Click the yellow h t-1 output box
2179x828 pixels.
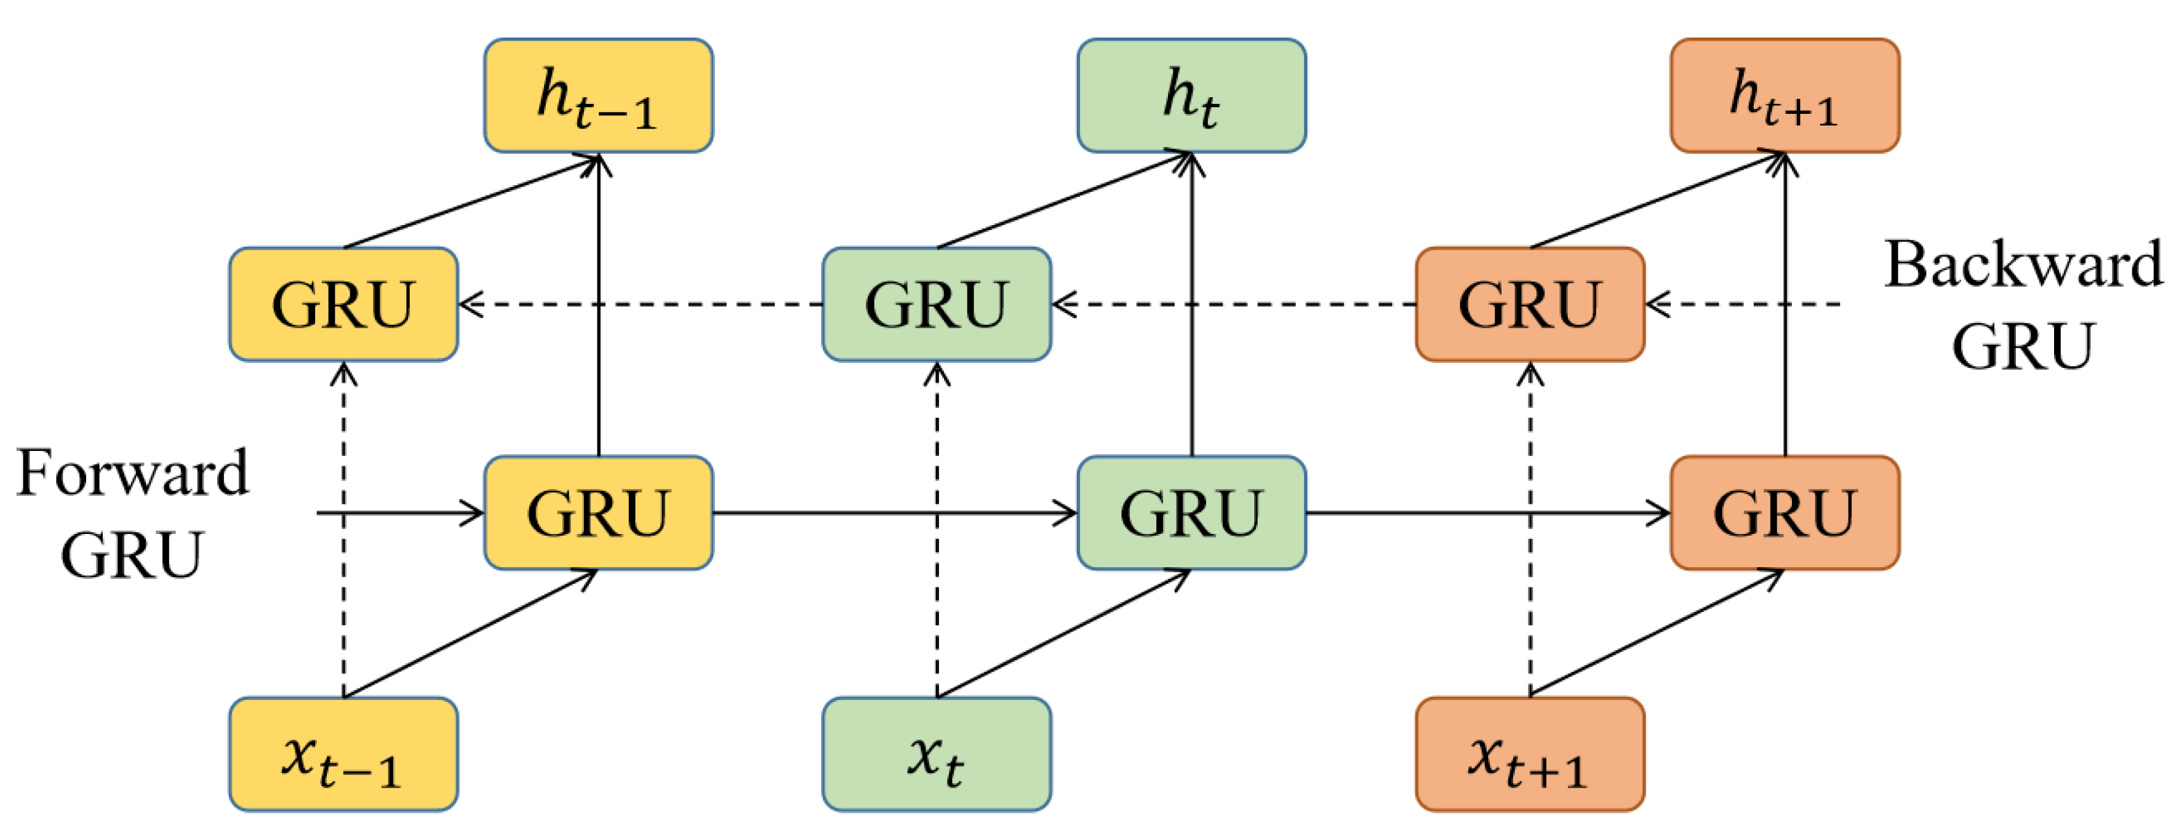(x=598, y=95)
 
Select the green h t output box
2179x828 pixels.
(x=1191, y=95)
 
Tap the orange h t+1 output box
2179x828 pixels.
(x=1785, y=95)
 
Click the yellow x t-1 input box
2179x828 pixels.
(x=343, y=754)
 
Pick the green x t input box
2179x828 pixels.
(x=937, y=754)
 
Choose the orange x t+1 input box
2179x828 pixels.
(x=1529, y=754)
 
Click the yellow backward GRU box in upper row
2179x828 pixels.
(x=343, y=305)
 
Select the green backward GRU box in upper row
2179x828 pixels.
(x=937, y=305)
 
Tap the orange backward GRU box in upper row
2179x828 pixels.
(x=1529, y=305)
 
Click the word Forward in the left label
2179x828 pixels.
(x=133, y=474)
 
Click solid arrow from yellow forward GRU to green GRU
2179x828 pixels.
(x=894, y=512)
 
